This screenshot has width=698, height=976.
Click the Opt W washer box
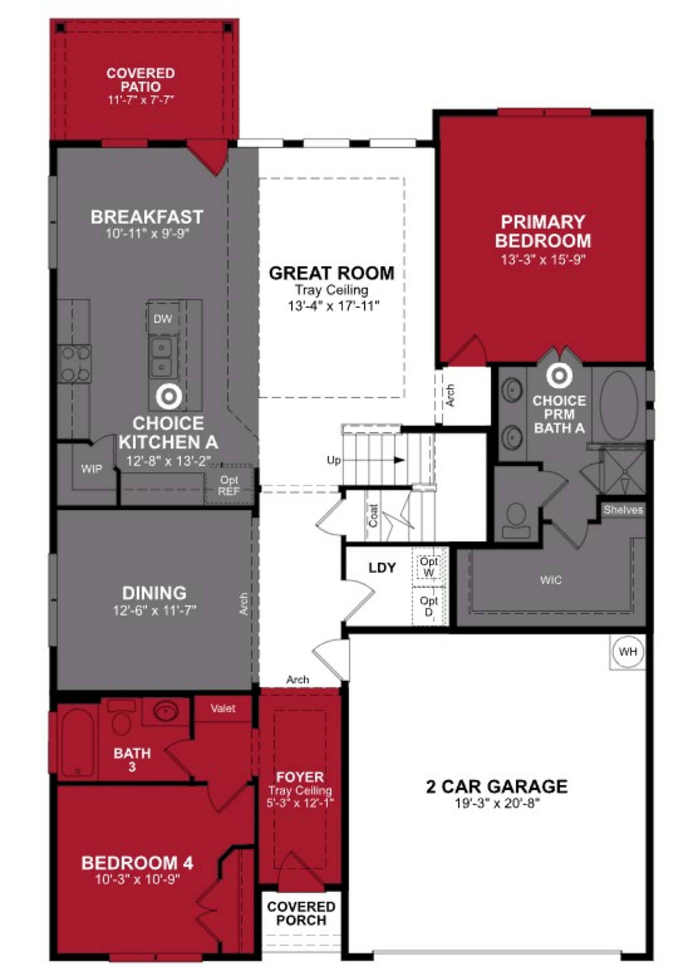[x=428, y=567]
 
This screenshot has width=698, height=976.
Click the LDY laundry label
[x=382, y=567]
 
